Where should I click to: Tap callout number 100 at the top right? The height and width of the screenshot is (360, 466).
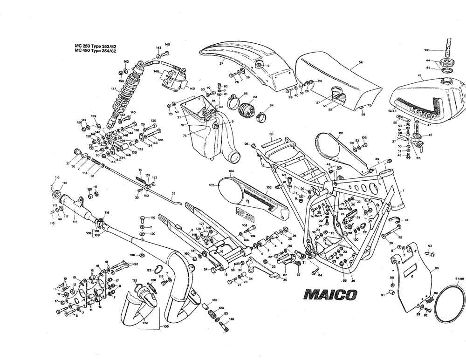pyautogui.click(x=427, y=49)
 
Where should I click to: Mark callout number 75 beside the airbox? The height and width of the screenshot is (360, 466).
pyautogui.click(x=185, y=136)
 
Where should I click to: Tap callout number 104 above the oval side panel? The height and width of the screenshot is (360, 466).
pyautogui.click(x=231, y=171)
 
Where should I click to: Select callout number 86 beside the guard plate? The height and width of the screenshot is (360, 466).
pyautogui.click(x=437, y=268)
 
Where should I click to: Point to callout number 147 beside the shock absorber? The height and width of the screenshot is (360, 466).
pyautogui.click(x=113, y=88)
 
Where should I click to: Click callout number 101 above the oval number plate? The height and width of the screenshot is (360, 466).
pyautogui.click(x=340, y=133)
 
